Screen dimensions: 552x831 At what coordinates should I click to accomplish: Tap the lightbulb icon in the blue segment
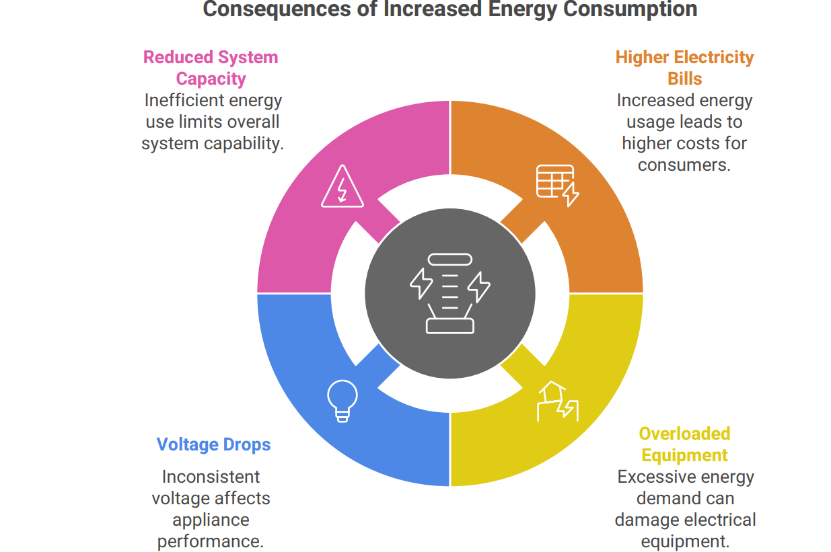coord(342,401)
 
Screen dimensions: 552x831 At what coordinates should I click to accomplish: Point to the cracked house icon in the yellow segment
coord(557,401)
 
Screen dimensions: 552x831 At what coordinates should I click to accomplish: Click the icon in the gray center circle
coord(450,293)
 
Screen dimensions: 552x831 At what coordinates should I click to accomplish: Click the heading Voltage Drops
coord(213,444)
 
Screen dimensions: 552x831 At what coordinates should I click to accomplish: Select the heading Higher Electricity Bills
coord(684,67)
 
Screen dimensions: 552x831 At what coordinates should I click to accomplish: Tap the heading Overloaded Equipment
coord(684,444)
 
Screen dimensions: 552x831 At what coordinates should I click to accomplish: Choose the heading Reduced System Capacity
coord(211,67)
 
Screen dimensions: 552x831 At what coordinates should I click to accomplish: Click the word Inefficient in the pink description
coord(183,100)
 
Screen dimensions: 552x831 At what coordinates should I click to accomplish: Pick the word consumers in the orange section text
coord(684,165)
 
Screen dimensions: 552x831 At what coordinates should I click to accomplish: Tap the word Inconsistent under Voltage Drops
coord(211,477)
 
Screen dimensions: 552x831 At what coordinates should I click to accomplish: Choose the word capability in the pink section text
coord(245,143)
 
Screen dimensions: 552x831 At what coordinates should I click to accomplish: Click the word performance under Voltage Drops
coord(211,541)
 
